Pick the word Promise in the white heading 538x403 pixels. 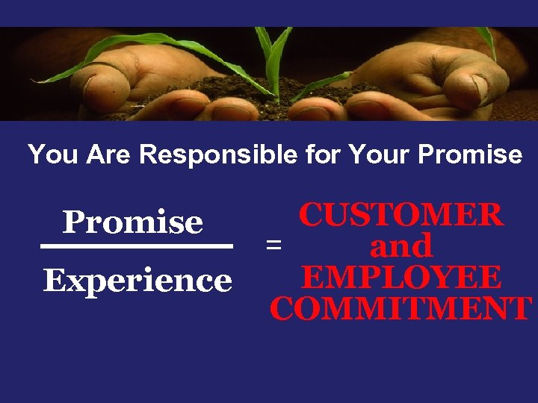pyautogui.click(x=470, y=154)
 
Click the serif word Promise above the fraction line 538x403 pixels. pyautogui.click(x=133, y=222)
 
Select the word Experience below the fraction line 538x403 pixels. pyautogui.click(x=137, y=281)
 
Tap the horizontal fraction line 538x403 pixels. pyautogui.click(x=137, y=246)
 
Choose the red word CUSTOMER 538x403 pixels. pyautogui.click(x=401, y=215)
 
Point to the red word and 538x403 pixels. pyautogui.click(x=401, y=246)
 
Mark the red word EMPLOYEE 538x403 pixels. pyautogui.click(x=401, y=277)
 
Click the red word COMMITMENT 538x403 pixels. pyautogui.click(x=401, y=308)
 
